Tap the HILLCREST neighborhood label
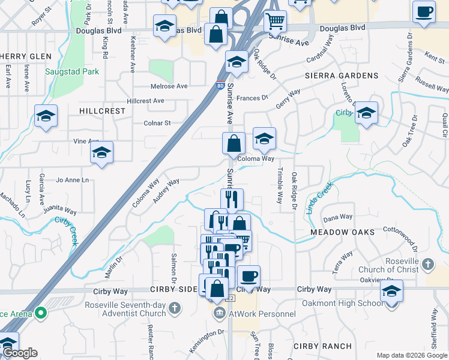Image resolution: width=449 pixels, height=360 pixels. [102, 111]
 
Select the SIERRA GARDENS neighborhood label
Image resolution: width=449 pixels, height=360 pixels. [341, 76]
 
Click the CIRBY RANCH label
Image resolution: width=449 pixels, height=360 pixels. [322, 346]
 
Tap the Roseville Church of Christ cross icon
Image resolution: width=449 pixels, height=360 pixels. [427, 264]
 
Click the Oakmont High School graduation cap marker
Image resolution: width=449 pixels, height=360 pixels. [391, 292]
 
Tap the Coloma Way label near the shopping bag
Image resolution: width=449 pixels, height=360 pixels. [256, 159]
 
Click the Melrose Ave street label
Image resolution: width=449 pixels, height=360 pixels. [169, 86]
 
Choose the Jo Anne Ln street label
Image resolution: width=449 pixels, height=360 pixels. [72, 179]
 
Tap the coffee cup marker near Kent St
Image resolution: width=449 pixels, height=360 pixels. [424, 12]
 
